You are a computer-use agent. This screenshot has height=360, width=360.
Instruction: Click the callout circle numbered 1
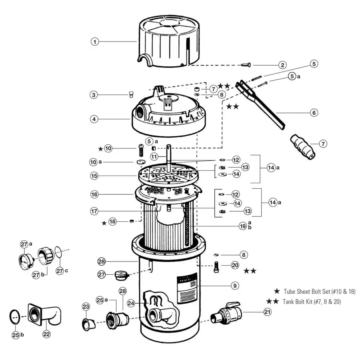[x=94, y=41]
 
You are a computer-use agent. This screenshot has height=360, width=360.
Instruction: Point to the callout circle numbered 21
[x=267, y=312]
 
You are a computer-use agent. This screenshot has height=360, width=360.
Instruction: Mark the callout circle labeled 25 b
[x=16, y=335]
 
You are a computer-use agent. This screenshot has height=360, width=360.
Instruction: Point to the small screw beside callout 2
[x=245, y=65]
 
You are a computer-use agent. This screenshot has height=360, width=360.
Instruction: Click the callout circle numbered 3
[x=94, y=95]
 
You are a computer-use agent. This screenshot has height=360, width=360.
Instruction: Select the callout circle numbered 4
[x=94, y=119]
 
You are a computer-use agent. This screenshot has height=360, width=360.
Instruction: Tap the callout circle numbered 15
[x=94, y=176]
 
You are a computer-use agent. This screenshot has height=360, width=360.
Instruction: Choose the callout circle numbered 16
[x=94, y=194]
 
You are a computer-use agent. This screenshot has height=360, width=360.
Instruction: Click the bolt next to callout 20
[x=217, y=267]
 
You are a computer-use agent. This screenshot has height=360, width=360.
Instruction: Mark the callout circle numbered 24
[x=131, y=303]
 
